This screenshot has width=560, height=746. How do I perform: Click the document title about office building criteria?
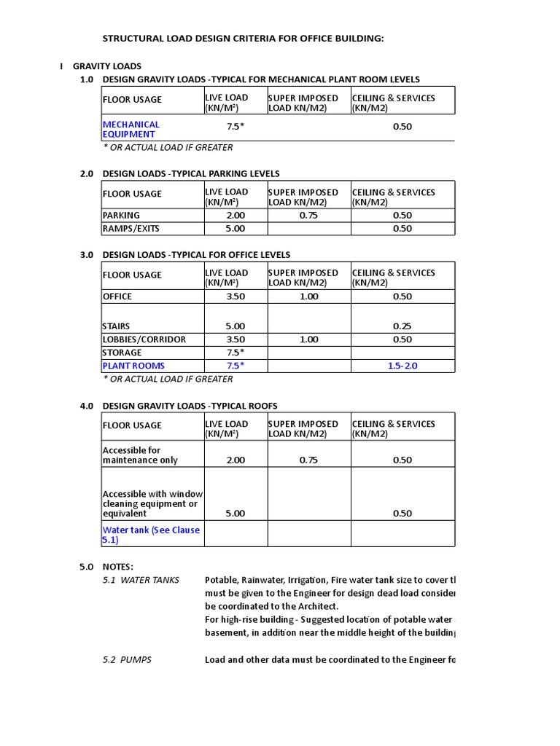tap(241, 38)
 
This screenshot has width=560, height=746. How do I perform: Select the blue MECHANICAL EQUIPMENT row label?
tap(131, 129)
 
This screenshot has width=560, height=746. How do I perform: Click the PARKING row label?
tap(121, 216)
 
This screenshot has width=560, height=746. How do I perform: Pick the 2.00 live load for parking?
tap(236, 216)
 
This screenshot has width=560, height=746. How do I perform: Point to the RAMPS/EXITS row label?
tap(131, 229)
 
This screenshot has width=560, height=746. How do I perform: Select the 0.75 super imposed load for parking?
tap(308, 216)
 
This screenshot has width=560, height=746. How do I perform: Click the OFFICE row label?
tap(117, 297)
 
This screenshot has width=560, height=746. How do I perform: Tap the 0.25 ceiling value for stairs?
tap(402, 326)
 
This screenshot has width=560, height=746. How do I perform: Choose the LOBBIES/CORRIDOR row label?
tap(144, 339)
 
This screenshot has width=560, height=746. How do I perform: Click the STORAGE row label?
tap(122, 353)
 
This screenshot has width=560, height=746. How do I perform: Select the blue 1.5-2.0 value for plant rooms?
tap(402, 366)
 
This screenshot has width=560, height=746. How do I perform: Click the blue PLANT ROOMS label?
tap(133, 366)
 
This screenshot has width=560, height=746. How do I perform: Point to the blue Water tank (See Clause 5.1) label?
tap(151, 535)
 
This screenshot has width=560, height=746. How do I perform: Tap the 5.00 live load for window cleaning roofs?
tap(236, 513)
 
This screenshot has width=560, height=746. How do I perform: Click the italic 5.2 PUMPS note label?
tap(127, 660)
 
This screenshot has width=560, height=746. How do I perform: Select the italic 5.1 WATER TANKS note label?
tap(141, 580)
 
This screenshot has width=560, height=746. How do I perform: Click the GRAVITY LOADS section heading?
tap(106, 66)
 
